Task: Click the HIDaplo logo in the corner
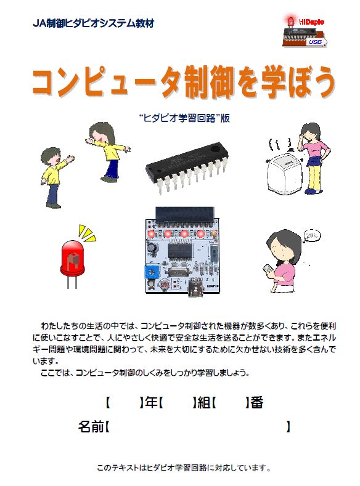305,31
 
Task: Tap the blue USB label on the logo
315,41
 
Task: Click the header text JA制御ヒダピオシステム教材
93,23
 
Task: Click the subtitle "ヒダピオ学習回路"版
184,118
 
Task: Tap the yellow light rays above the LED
87,233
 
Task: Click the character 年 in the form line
151,403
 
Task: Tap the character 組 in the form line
204,403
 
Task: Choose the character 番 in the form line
257,403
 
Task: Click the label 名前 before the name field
91,426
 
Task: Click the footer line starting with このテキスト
184,468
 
